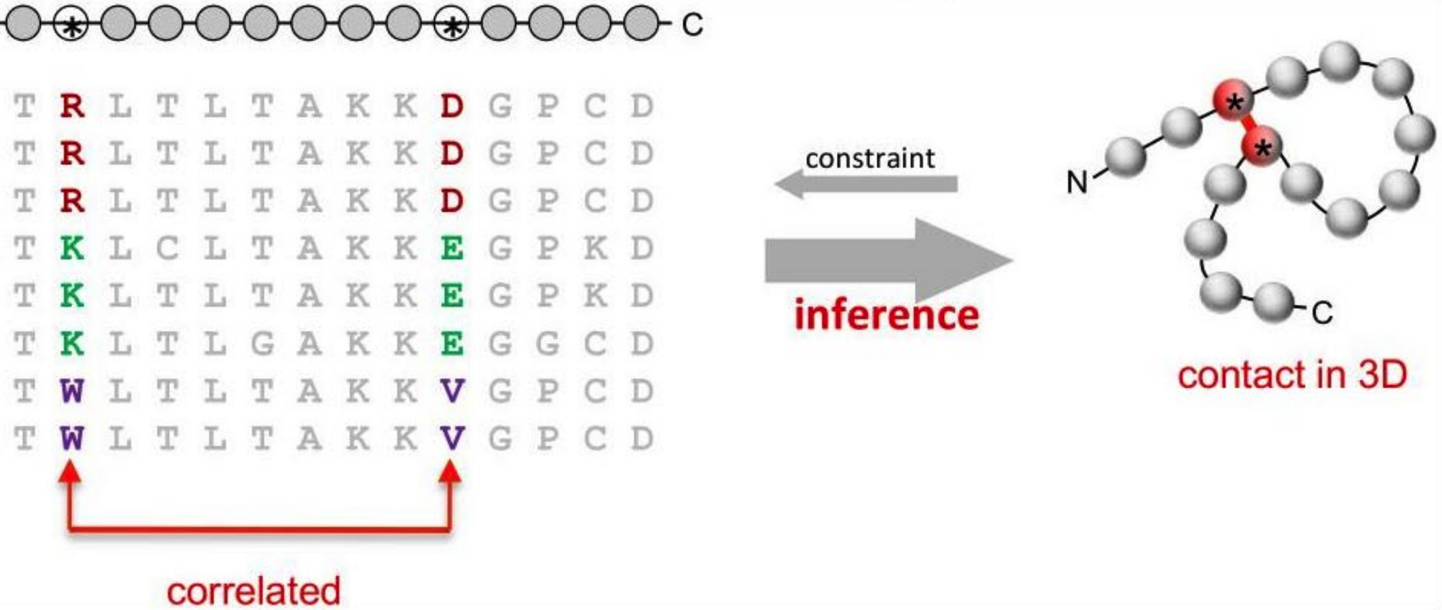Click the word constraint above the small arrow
[870, 159]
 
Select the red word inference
[886, 315]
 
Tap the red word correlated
[253, 591]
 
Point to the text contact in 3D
[1292, 375]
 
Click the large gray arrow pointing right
[889, 260]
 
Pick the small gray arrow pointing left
[866, 184]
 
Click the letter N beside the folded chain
[1077, 182]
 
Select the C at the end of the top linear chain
[692, 25]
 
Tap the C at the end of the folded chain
[1322, 313]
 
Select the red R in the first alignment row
[72, 106]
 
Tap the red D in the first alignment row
[451, 106]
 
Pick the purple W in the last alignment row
[72, 438]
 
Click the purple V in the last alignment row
[451, 438]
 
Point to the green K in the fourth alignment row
[72, 248]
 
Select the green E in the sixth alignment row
[451, 343]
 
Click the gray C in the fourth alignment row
[167, 248]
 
